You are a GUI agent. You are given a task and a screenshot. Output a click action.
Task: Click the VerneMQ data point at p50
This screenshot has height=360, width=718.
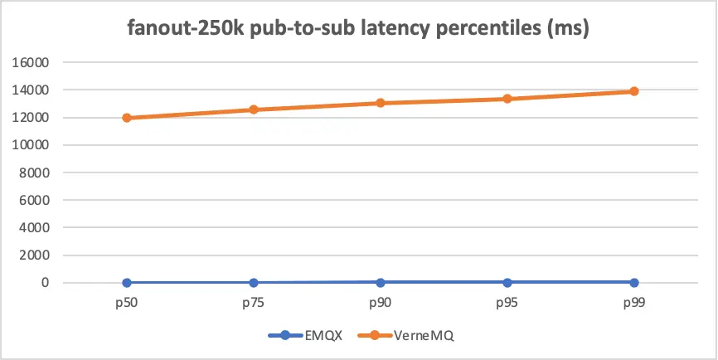tap(127, 118)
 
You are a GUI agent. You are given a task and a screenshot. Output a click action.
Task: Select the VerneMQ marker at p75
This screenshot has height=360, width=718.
tap(254, 109)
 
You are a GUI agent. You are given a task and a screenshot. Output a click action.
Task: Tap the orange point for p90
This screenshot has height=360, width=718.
tap(381, 103)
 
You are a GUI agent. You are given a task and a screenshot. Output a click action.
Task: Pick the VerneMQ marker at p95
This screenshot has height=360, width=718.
tap(507, 99)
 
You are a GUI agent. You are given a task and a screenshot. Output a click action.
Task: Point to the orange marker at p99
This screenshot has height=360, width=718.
tap(634, 91)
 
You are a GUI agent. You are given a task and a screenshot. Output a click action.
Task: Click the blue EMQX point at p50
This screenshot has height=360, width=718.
tap(127, 283)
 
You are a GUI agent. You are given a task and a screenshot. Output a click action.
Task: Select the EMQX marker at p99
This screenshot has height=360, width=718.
tap(634, 283)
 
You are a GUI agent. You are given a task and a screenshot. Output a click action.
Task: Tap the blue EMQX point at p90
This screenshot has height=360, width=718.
tap(381, 283)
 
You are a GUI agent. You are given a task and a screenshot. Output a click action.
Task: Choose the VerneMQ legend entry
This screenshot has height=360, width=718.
tap(403, 336)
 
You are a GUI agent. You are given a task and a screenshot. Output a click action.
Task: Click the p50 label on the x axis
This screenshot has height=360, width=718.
tap(127, 304)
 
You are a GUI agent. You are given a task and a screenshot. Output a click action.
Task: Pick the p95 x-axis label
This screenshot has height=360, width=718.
tap(507, 304)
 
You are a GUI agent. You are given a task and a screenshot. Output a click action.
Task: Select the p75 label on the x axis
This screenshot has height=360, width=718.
tap(254, 304)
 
